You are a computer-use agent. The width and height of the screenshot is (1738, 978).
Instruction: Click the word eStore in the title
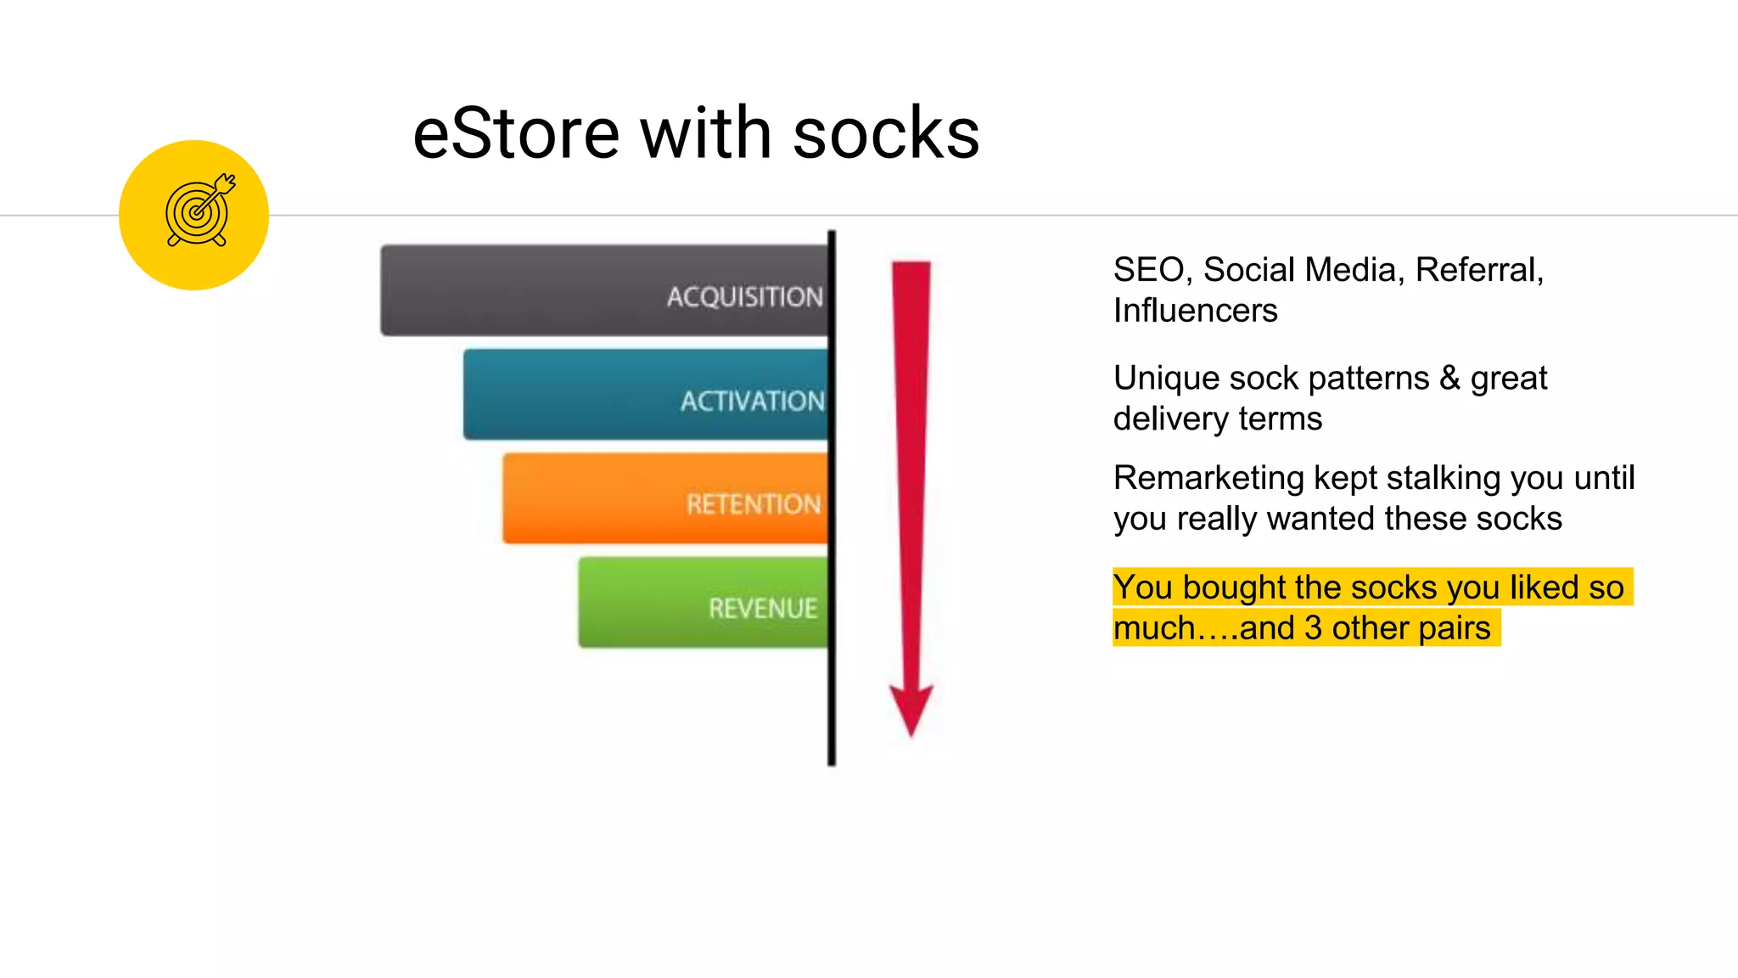tap(516, 134)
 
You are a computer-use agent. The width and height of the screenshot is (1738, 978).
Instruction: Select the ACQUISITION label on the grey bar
tap(744, 296)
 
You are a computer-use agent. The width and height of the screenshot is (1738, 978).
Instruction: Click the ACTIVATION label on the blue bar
tap(752, 401)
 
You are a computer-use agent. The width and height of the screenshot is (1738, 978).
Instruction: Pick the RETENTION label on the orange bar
tap(754, 504)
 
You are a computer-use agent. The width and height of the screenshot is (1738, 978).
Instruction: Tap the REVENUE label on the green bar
tap(763, 608)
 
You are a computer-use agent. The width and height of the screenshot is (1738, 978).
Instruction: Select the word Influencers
tap(1195, 311)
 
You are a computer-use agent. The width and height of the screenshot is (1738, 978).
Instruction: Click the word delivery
tap(1171, 419)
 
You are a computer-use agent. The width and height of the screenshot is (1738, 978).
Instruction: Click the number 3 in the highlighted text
tap(1313, 628)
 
